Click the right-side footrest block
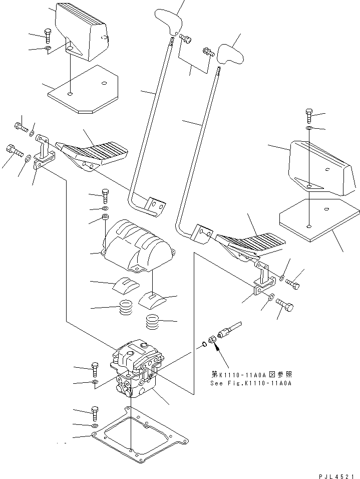tap(320, 167)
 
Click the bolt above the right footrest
tap(309, 116)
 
